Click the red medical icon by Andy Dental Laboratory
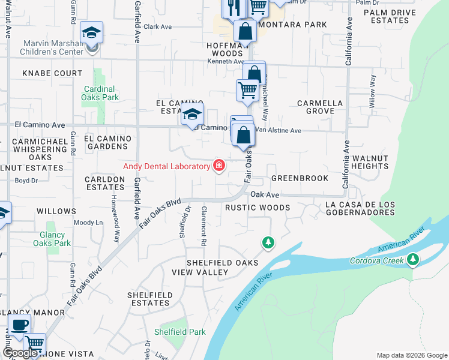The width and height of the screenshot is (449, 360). (x=218, y=166)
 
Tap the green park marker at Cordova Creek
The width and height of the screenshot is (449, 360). (x=412, y=259)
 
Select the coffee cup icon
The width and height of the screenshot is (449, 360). (x=20, y=325)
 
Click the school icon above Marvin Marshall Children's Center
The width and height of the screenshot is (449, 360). (x=92, y=32)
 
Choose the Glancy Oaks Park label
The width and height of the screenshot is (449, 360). (x=55, y=239)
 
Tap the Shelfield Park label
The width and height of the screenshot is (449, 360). (x=180, y=332)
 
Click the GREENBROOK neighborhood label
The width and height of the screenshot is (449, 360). (x=300, y=178)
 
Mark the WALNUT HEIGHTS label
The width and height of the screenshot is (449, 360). (x=370, y=161)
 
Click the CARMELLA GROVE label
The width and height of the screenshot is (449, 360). (x=320, y=107)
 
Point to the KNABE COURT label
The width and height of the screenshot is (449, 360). (x=52, y=73)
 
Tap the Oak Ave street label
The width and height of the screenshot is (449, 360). (x=265, y=194)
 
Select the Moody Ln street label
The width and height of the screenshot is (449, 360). (x=88, y=223)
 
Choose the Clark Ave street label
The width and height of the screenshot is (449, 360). (x=157, y=26)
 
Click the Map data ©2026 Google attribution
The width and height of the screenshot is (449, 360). (x=411, y=355)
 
